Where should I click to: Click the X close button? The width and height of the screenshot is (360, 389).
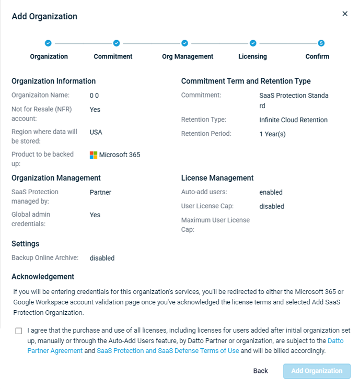coord(345,14)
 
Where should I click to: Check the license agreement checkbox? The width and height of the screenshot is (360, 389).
coord(19,331)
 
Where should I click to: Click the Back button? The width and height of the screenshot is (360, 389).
coord(260,371)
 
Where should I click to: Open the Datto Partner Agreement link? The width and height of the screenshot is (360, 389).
coord(55,351)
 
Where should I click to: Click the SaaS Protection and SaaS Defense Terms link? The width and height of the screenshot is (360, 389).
coord(168,351)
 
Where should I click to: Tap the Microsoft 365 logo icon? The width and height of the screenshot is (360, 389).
coord(94,155)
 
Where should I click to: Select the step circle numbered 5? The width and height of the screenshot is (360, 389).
coord(321,43)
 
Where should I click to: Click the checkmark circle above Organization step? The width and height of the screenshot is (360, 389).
coord(48,43)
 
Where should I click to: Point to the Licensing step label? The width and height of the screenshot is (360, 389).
coord(252,56)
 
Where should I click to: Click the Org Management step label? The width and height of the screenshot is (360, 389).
coord(188,56)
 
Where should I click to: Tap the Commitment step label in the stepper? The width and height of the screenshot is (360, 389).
coord(113,56)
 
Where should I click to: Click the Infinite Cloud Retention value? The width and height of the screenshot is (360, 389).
coord(293,120)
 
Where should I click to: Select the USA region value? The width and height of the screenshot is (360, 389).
coord(96,132)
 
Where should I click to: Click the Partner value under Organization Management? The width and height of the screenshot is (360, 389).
coord(100,192)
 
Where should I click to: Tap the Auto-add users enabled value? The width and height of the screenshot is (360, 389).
coord(271,192)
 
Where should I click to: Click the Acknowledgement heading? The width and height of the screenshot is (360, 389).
coord(43,277)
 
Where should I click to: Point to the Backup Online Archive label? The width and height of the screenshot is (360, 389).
coord(45,258)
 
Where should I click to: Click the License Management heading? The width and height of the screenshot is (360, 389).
coord(217,178)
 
